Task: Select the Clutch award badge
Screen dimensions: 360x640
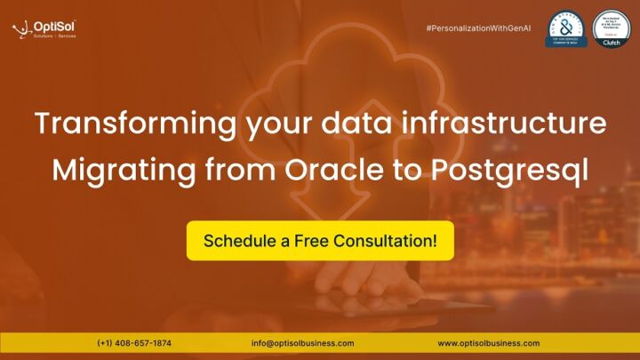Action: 611,29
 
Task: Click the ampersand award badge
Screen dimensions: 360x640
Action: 566,29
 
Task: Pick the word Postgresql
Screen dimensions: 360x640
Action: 504,168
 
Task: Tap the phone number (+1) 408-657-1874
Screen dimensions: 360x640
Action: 134,343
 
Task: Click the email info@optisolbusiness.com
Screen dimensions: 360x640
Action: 303,343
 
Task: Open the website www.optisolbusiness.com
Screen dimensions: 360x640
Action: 488,343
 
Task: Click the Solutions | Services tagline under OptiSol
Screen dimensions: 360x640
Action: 54,36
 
